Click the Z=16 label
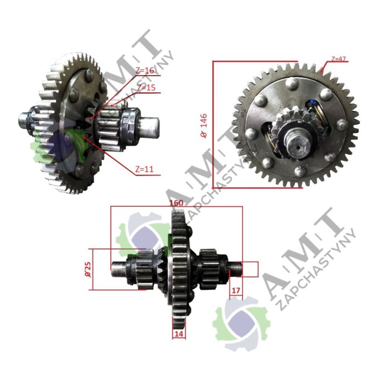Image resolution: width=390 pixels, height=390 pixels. (144, 70)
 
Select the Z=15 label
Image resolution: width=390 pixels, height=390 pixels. (147, 87)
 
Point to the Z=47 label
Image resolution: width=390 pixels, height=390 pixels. (338, 59)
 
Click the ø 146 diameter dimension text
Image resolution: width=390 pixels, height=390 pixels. (204, 125)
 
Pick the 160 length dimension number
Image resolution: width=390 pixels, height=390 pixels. (177, 203)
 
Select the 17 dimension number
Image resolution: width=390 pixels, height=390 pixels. (236, 290)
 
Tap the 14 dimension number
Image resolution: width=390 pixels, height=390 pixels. (178, 333)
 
